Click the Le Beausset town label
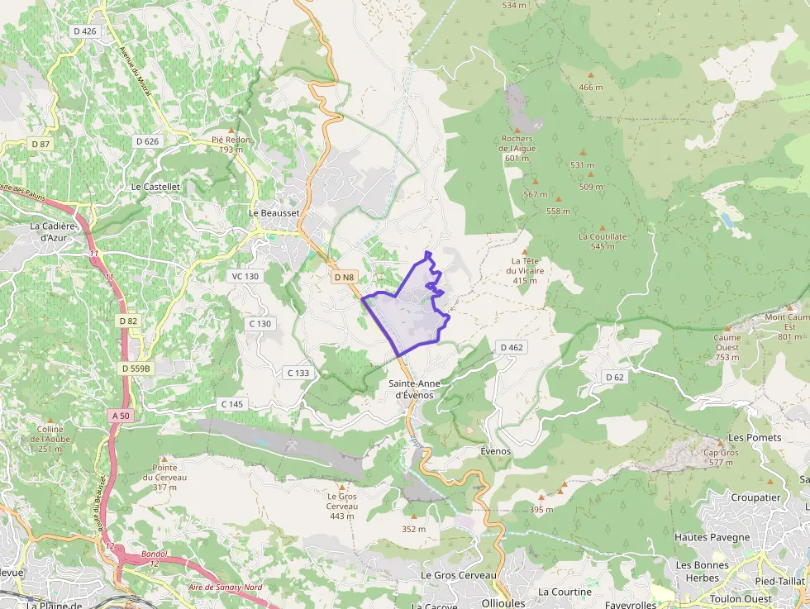click(273, 212)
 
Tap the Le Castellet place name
click(155, 187)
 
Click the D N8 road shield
click(345, 278)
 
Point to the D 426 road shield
click(85, 31)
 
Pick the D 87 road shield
click(40, 144)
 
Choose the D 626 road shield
click(146, 141)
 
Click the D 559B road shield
click(136, 368)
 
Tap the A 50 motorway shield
click(120, 416)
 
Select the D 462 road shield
click(512, 347)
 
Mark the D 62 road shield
click(614, 378)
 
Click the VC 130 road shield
click(245, 276)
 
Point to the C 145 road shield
click(232, 403)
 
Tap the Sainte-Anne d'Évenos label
click(414, 389)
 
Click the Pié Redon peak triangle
click(231, 131)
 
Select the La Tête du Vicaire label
click(525, 270)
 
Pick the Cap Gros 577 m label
click(721, 457)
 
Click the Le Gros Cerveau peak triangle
click(341, 487)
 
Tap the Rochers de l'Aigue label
click(517, 148)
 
